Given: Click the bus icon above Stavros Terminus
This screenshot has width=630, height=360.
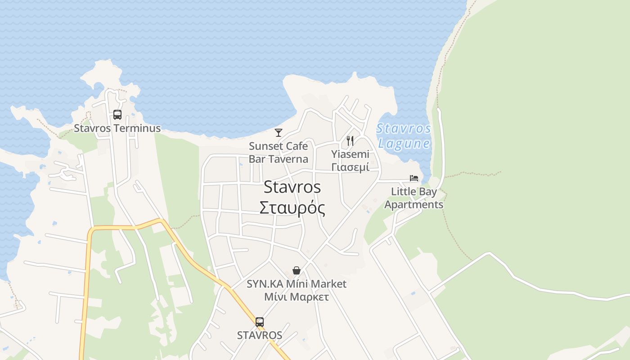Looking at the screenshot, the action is pyautogui.click(x=117, y=115).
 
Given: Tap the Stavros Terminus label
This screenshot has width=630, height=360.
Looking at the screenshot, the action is pyautogui.click(x=117, y=128).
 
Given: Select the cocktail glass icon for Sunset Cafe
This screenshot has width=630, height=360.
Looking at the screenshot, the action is pyautogui.click(x=279, y=132).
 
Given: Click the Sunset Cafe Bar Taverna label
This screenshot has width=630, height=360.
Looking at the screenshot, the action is pyautogui.click(x=279, y=153).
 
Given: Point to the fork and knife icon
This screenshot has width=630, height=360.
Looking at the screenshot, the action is pyautogui.click(x=350, y=141).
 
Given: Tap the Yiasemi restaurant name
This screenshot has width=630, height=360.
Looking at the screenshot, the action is pyautogui.click(x=350, y=154).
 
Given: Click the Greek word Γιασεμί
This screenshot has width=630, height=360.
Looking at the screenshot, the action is pyautogui.click(x=350, y=167).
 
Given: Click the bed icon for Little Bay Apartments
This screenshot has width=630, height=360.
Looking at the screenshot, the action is pyautogui.click(x=414, y=178).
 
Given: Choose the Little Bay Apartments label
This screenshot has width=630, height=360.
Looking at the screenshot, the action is pyautogui.click(x=414, y=198).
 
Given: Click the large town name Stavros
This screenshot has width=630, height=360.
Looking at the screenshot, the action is pyautogui.click(x=292, y=187).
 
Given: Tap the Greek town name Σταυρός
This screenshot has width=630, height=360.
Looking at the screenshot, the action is pyautogui.click(x=292, y=208).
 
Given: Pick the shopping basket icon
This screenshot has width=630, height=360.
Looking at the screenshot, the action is pyautogui.click(x=297, y=270).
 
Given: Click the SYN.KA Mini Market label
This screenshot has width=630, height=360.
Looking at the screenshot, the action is pyautogui.click(x=297, y=284).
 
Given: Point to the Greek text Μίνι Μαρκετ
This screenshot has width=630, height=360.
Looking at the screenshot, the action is pyautogui.click(x=297, y=297).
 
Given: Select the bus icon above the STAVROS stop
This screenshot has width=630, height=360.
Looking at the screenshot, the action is pyautogui.click(x=260, y=322).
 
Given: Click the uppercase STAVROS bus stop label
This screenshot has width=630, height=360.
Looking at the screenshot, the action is pyautogui.click(x=260, y=335).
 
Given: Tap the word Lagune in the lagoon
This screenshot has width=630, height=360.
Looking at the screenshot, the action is pyautogui.click(x=404, y=144).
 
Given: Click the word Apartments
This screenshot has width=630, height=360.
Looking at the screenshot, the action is pyautogui.click(x=414, y=204).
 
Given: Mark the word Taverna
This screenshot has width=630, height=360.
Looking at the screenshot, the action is pyautogui.click(x=292, y=159).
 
